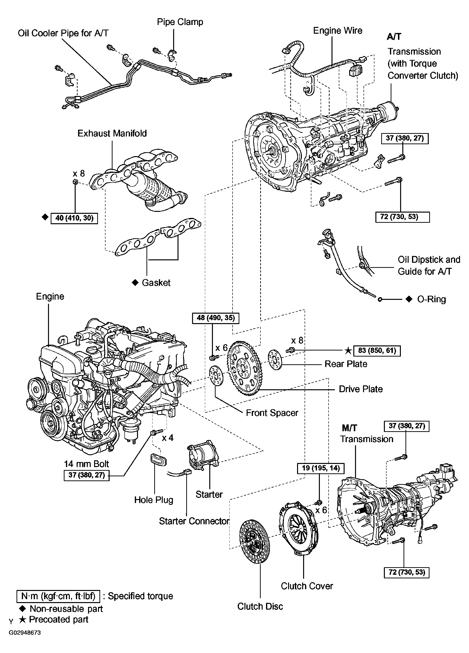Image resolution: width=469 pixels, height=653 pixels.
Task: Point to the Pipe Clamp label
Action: click(x=180, y=22)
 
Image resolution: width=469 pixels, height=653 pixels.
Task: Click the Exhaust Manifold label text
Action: click(x=112, y=133)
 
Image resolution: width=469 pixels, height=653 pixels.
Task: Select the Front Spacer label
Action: click(x=272, y=413)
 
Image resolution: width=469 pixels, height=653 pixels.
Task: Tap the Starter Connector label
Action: click(x=194, y=521)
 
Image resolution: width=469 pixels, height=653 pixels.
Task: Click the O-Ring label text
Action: click(x=431, y=299)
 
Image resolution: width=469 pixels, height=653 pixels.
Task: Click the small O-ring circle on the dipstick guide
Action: click(x=380, y=300)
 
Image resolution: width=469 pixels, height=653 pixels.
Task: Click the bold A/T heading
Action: click(x=394, y=37)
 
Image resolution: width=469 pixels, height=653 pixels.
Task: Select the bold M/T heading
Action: click(x=349, y=428)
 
